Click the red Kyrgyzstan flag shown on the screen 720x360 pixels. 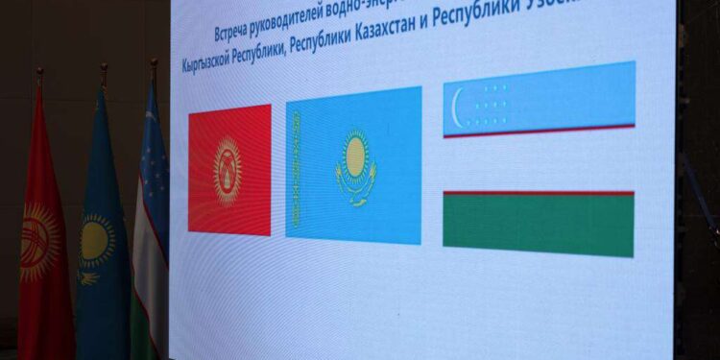(229, 169)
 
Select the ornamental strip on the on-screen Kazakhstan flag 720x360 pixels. (297, 169)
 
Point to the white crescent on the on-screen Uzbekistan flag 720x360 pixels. (458, 99)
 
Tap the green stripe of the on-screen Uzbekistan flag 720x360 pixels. (538, 226)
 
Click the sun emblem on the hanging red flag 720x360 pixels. (38, 240)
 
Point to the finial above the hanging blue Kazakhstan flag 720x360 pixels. (104, 71)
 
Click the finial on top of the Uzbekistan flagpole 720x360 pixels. (154, 66)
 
